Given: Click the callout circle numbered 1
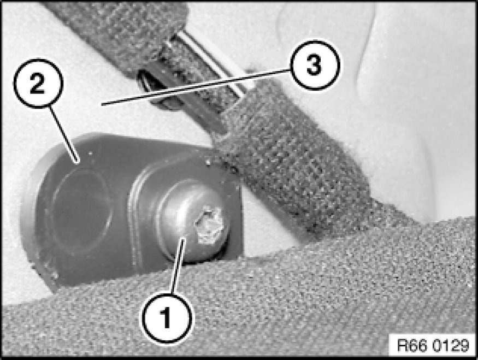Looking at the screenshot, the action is [167, 317].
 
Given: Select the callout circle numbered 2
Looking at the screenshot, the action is [38, 83].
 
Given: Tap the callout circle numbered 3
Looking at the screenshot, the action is [314, 64].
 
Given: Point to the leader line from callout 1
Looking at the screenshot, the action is [178, 266].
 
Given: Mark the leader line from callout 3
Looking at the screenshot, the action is [196, 87].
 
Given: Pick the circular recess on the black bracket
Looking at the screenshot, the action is [80, 209].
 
